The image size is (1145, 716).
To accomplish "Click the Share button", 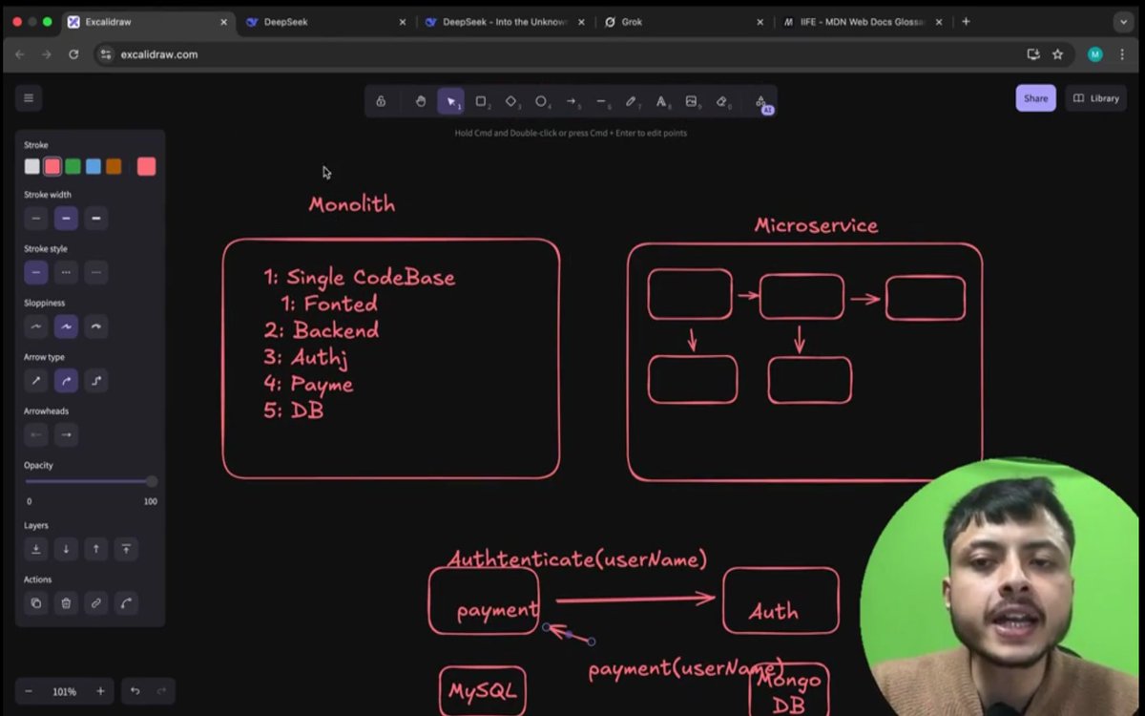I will click(x=1035, y=98).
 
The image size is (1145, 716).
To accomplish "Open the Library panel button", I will click(x=1096, y=98).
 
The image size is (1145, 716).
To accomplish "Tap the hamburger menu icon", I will click(x=29, y=97).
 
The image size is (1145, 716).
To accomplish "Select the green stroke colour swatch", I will click(x=73, y=166).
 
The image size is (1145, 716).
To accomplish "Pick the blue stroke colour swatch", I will click(x=94, y=166).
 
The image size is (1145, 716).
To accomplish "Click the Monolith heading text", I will click(x=351, y=204).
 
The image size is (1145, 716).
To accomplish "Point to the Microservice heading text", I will click(x=816, y=226).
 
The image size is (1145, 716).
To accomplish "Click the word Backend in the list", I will click(x=335, y=330).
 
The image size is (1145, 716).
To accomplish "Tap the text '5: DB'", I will click(x=294, y=411).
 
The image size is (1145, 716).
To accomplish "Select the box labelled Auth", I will click(x=781, y=600).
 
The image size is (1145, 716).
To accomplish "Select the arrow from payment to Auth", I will click(x=635, y=600).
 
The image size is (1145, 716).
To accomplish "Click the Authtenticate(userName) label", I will click(x=577, y=559).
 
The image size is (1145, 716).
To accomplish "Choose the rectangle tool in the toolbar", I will click(x=481, y=101).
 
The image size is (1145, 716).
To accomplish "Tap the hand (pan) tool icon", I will click(x=420, y=101).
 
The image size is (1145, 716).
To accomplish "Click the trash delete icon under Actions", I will click(x=66, y=602).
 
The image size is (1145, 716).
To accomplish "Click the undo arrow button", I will click(x=135, y=691).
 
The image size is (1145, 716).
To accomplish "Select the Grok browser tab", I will click(x=632, y=22).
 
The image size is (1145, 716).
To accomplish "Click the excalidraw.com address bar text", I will click(x=159, y=54).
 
